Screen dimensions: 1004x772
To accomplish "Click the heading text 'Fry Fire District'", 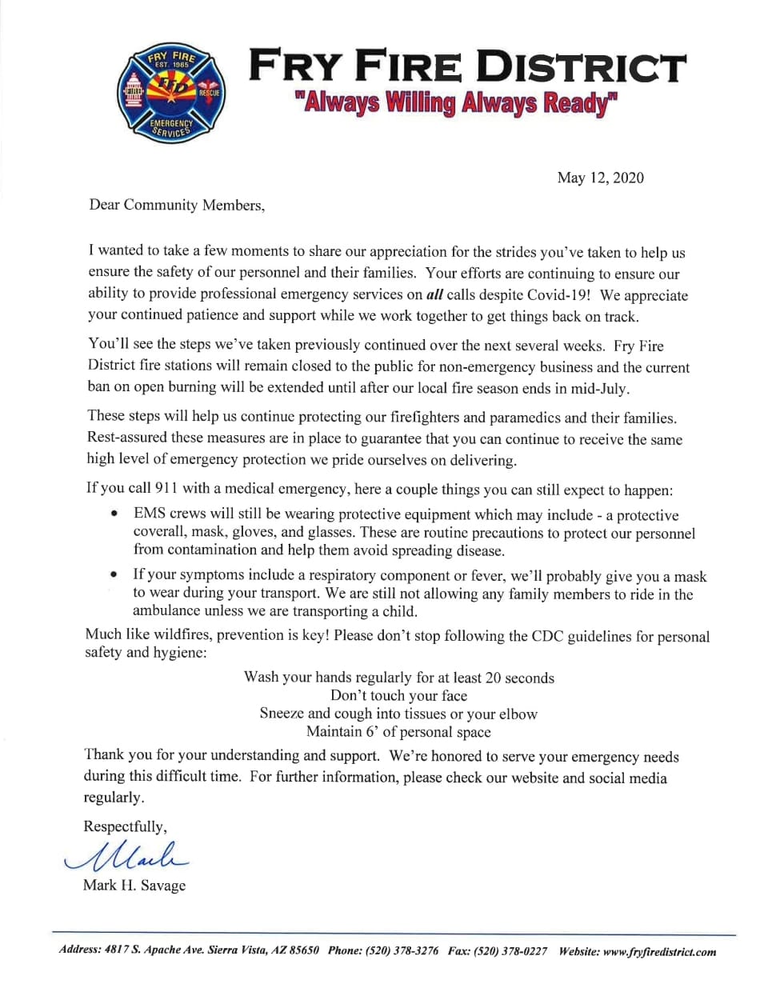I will pos(467,66).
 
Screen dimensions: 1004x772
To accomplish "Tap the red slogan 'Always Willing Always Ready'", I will pos(457,104).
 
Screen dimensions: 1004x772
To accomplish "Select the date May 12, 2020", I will pos(600,178).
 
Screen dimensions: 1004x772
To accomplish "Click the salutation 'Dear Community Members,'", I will pos(177,206).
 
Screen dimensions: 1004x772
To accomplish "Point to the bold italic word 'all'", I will pos(434,294).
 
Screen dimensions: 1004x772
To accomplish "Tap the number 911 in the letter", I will pos(166,488).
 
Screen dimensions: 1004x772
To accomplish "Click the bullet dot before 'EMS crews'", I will pos(116,514).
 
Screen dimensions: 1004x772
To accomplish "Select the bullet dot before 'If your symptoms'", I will pos(116,574).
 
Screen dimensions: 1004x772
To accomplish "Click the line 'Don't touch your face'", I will pos(398,695).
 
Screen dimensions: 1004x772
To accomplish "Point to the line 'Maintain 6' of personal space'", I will pos(398,731).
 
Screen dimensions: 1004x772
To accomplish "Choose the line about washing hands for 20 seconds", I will pos(398,678).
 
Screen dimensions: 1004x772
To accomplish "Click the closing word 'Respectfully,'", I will pos(125,826).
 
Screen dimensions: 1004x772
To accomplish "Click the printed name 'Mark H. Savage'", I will pos(134,885).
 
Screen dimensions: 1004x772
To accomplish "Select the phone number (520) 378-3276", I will pos(402,951).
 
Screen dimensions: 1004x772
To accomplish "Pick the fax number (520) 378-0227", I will pos(510,951).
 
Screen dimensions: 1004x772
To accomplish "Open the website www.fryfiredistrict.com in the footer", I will pos(659,952).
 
